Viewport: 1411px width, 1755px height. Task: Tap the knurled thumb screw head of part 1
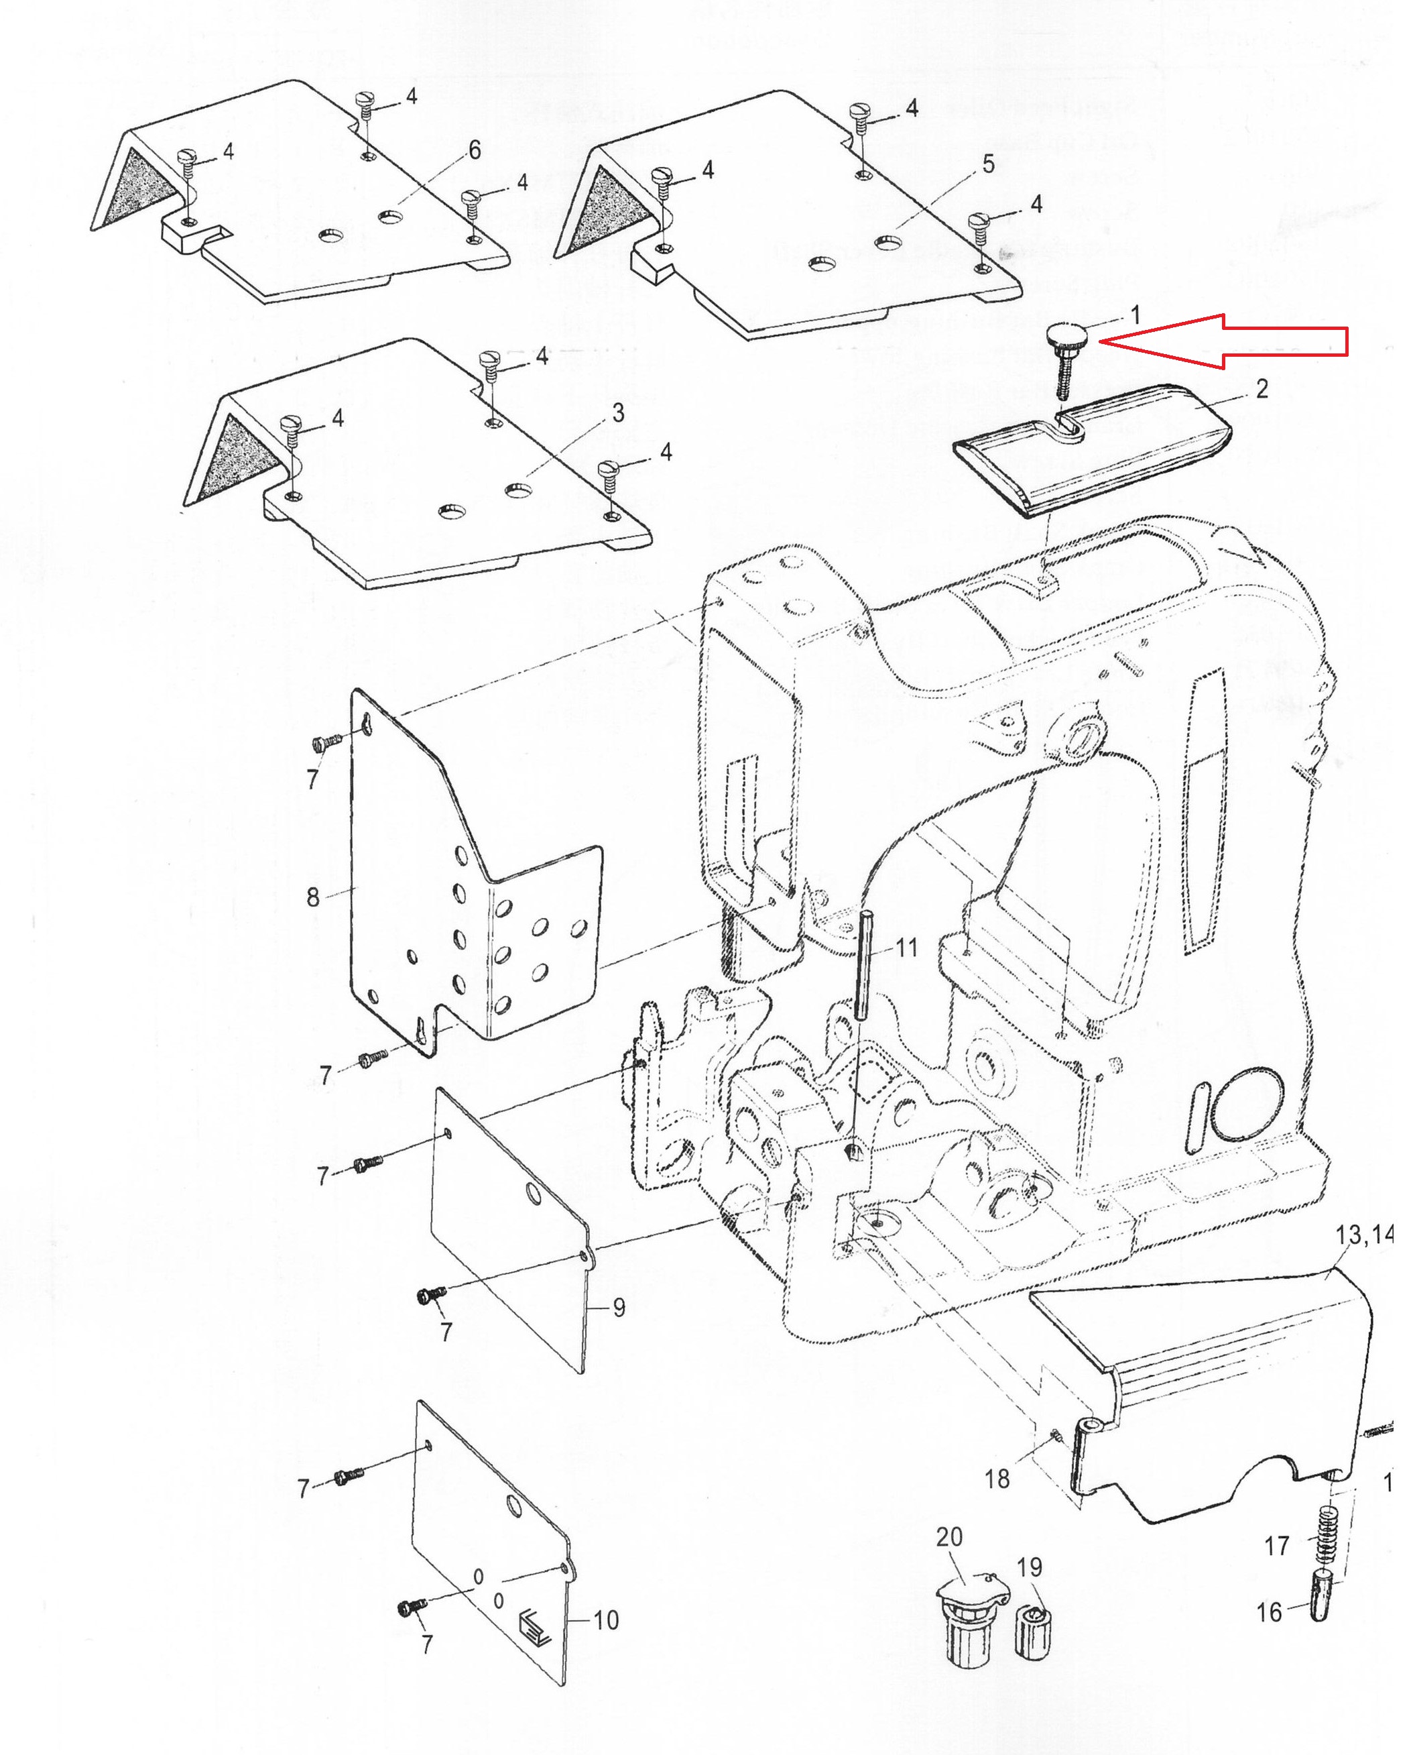coord(1062,334)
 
